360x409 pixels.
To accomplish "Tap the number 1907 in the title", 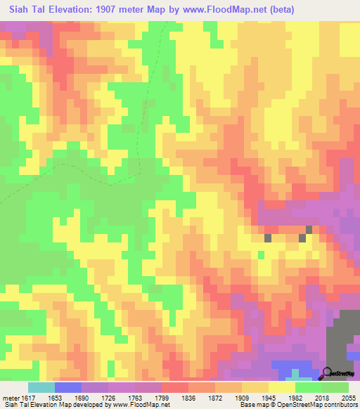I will coord(103,10).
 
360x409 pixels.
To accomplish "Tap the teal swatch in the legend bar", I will coord(41,387).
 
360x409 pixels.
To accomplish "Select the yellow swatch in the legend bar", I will coord(281,387).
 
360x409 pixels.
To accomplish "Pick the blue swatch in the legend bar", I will coord(68,387).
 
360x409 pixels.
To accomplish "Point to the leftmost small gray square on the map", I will coord(268,238).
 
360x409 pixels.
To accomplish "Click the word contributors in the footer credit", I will coord(340,405).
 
